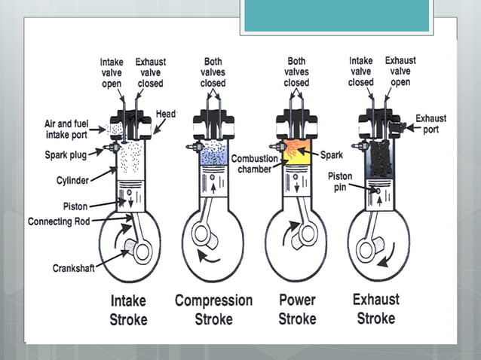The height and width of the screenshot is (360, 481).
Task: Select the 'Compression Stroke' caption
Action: pyautogui.click(x=213, y=309)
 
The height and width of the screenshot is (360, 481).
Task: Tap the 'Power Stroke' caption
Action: pyautogui.click(x=297, y=309)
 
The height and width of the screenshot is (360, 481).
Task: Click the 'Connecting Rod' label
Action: pyautogui.click(x=60, y=221)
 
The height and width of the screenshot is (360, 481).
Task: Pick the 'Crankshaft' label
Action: pyautogui.click(x=73, y=267)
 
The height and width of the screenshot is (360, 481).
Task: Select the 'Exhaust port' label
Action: pyautogui.click(x=430, y=123)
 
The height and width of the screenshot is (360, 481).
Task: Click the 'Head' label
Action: pyautogui.click(x=166, y=114)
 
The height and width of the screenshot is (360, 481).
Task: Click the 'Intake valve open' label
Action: pyautogui.click(x=112, y=72)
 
